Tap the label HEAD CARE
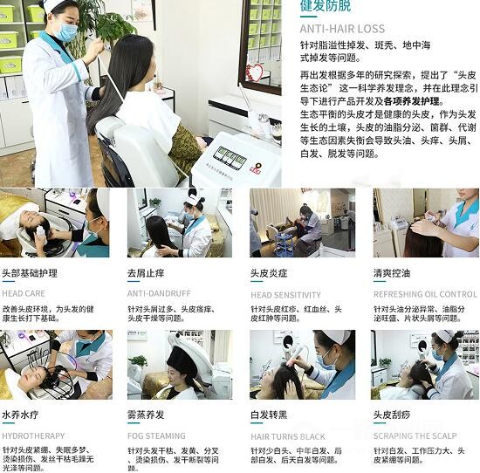(24, 294)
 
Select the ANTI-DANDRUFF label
(159, 294)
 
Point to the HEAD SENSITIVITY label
(285, 295)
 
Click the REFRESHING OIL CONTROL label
(425, 295)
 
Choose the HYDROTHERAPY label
(33, 435)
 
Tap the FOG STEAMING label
(156, 435)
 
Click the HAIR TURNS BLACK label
(288, 436)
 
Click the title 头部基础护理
(30, 273)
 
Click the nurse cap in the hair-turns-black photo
(337, 336)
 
